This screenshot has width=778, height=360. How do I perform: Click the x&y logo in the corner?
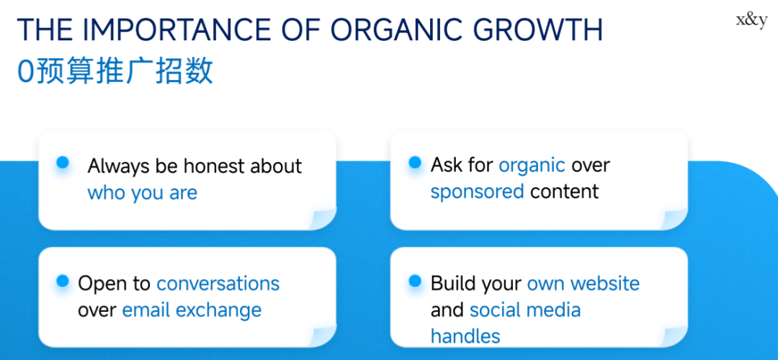pos(751,22)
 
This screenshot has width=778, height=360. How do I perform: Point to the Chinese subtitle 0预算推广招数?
pos(115,71)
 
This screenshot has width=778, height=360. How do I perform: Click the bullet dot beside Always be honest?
pos(63,162)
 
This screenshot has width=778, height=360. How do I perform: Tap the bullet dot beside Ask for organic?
pos(415,162)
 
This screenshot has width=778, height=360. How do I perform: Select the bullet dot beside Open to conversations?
pos(63,281)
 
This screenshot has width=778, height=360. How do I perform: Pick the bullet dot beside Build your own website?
pos(415,281)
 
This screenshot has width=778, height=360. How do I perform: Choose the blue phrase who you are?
pos(143,193)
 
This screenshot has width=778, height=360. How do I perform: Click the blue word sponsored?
pos(477,192)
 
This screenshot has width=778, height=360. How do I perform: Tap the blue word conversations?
pos(218,284)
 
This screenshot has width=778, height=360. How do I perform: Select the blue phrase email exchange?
pos(192,310)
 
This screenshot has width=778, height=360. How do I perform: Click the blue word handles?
pos(465,337)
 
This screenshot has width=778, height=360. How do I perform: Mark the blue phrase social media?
pos(525,310)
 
